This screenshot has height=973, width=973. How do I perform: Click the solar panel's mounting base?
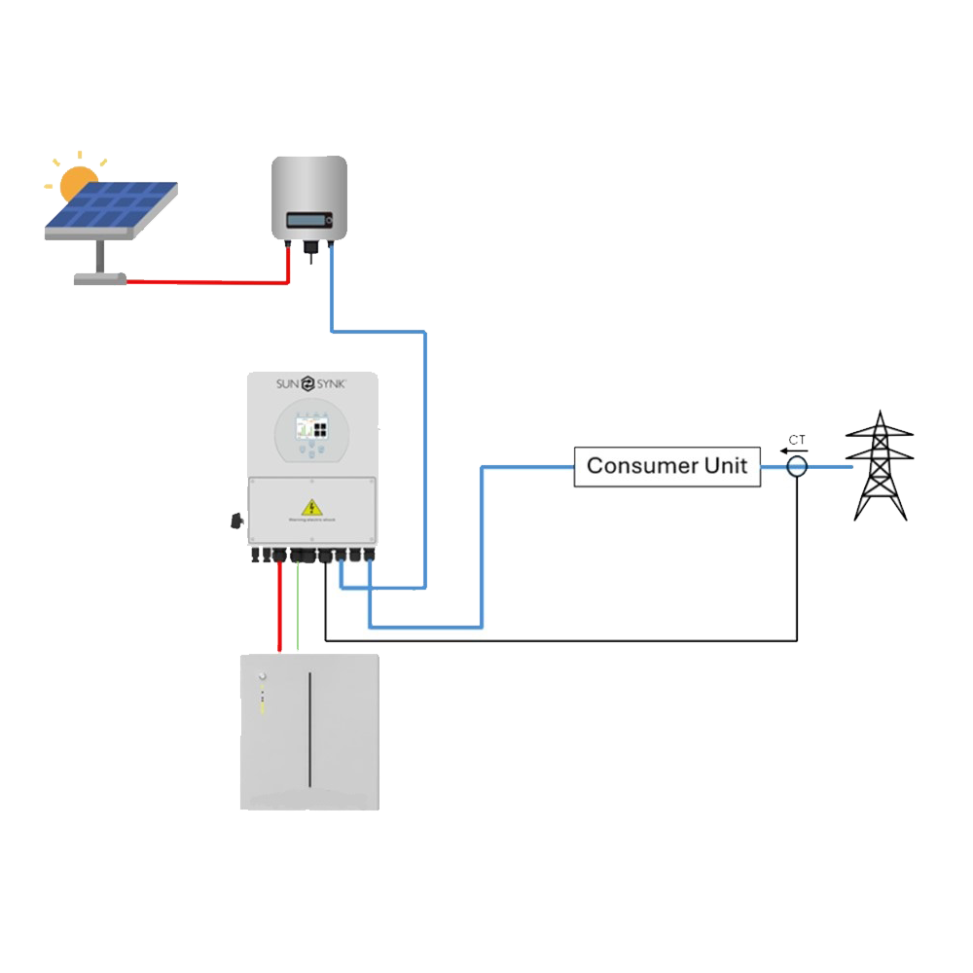[100, 278]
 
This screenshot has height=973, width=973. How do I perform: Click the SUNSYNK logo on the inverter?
[310, 383]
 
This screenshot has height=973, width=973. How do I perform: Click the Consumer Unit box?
[667, 466]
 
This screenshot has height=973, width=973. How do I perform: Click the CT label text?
[797, 441]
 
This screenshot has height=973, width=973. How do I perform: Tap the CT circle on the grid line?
[797, 467]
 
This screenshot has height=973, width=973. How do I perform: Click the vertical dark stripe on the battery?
[310, 730]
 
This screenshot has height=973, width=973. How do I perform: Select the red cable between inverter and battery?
[280, 608]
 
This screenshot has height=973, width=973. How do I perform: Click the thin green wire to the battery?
[298, 608]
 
